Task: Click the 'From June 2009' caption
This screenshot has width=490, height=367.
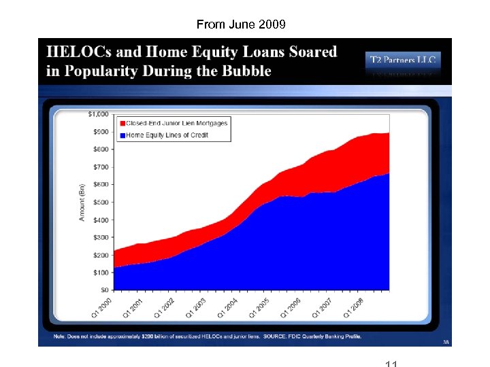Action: click(241, 24)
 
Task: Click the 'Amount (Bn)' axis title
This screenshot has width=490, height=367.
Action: click(82, 201)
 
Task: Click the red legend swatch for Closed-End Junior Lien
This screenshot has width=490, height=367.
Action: click(122, 123)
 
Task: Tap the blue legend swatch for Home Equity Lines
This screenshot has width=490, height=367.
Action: click(122, 135)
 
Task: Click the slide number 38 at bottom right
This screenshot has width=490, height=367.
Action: click(446, 342)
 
